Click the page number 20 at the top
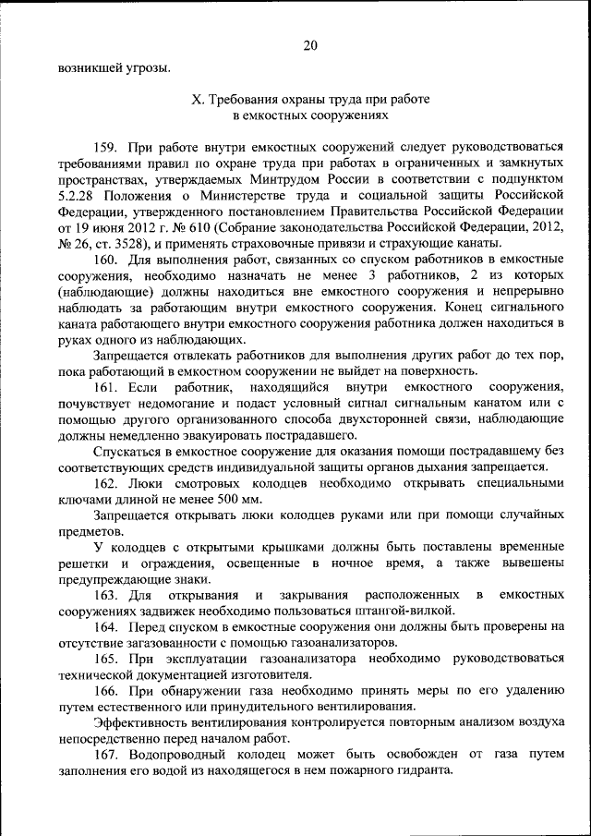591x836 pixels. (x=309, y=44)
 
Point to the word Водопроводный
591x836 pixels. (x=181, y=755)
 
